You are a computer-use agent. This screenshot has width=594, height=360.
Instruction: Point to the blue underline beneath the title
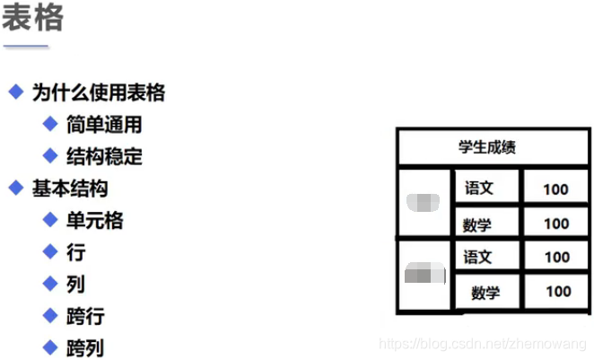click(x=25, y=45)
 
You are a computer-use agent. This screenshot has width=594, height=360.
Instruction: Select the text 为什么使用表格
click(x=99, y=92)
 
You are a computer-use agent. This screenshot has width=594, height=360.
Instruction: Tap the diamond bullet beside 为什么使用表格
click(x=15, y=92)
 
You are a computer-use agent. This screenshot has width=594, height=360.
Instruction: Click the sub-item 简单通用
click(x=104, y=125)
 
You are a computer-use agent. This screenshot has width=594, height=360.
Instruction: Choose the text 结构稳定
click(x=104, y=157)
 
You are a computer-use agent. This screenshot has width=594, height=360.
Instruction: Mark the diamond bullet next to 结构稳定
click(x=50, y=156)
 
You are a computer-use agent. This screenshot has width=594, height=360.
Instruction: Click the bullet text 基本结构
click(x=70, y=189)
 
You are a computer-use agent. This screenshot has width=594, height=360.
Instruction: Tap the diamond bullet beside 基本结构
click(x=15, y=189)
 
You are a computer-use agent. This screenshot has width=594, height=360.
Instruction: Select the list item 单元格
click(x=94, y=221)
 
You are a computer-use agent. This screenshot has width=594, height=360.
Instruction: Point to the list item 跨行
click(x=85, y=317)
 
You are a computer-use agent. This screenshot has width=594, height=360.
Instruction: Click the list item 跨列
click(x=85, y=348)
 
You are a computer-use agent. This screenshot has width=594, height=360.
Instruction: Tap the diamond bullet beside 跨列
click(x=50, y=347)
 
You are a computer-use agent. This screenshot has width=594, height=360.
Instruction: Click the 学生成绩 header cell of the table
click(x=487, y=146)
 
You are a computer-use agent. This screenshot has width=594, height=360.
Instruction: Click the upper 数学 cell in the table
click(x=478, y=224)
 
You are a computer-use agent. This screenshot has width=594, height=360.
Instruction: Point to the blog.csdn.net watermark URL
click(x=483, y=344)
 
